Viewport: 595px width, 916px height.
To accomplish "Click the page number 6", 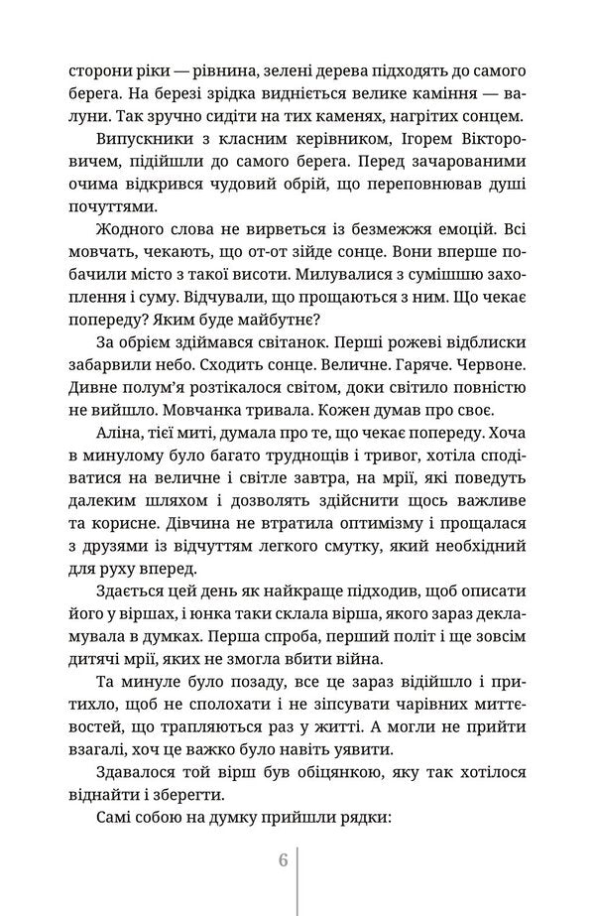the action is (283, 859).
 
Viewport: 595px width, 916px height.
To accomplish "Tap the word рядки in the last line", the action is (329, 822).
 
